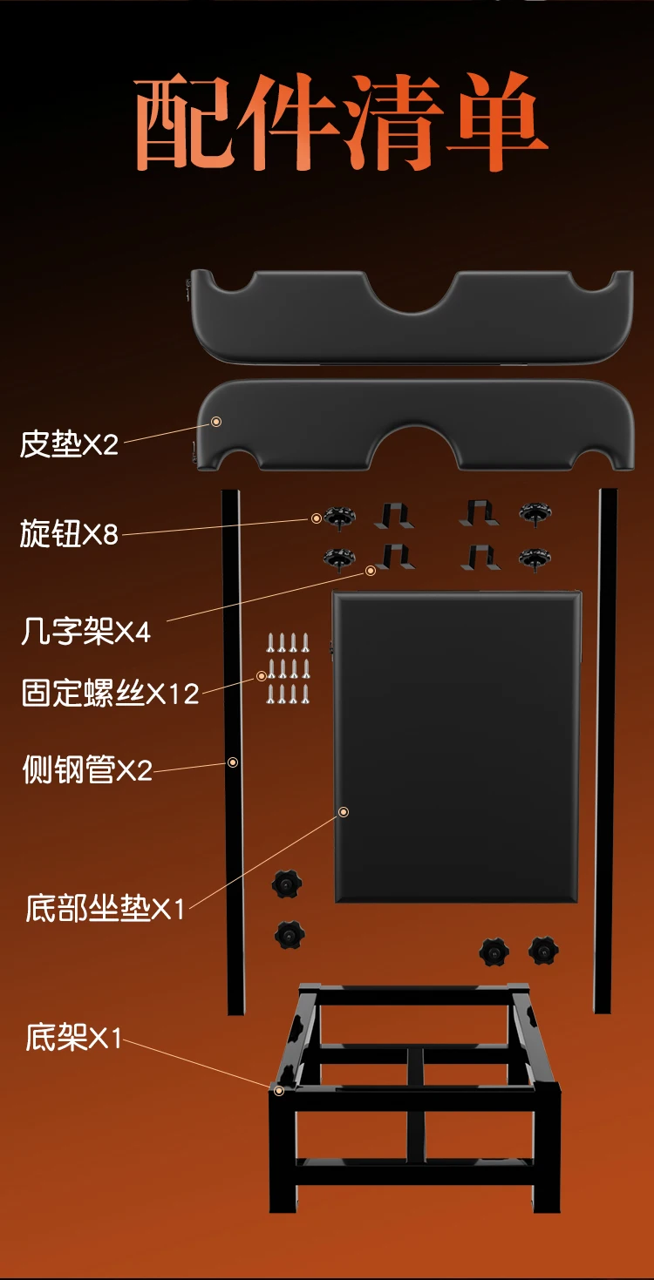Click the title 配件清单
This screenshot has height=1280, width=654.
coord(340,124)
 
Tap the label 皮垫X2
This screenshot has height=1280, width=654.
coord(69,445)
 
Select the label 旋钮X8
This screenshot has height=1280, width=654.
coord(69,533)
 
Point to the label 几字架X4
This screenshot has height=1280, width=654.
coord(85,631)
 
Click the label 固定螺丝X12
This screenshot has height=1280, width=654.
coord(111,694)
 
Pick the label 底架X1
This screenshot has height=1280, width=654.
coord(74,1038)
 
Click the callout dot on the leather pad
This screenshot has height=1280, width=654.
coord(216,422)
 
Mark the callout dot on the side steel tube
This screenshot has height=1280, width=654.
coord(233,762)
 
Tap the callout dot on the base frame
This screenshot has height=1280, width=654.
coord(279,1090)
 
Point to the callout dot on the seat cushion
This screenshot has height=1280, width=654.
coord(344,812)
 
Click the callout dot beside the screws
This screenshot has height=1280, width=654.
coord(261,676)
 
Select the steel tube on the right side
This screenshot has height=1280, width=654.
coord(606,749)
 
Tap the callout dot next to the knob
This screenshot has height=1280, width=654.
coord(316,518)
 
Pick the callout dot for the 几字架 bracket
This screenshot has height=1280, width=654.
coord(370,570)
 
